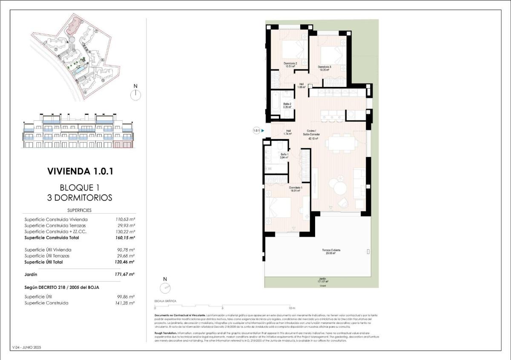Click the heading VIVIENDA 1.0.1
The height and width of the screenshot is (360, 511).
coord(80,171)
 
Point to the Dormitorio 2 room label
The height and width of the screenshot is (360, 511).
coord(290,65)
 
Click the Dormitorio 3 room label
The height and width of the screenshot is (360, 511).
coord(324,68)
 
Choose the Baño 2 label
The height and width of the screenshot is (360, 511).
coord(287,105)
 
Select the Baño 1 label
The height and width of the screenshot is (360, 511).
coord(284,156)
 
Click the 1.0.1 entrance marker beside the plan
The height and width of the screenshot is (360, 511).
coord(256,131)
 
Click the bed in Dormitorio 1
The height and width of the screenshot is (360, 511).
coord(278,209)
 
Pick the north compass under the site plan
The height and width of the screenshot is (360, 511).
coord(136,94)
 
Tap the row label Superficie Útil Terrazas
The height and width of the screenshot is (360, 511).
coord(47,256)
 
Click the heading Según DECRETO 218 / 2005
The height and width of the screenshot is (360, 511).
coord(62,288)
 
